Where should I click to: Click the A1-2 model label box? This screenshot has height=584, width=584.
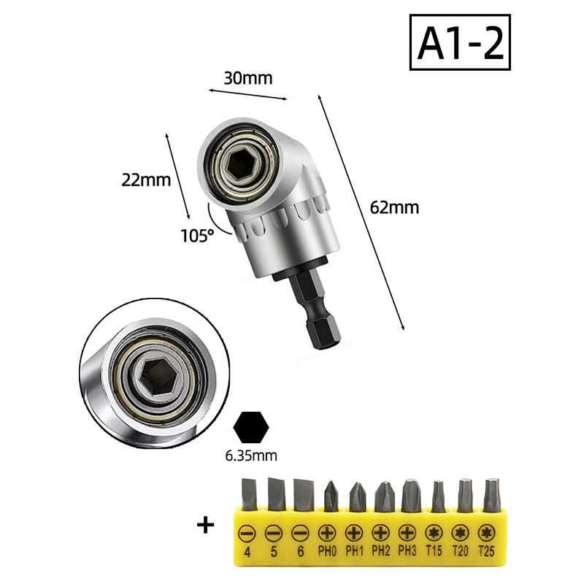tap(460, 42)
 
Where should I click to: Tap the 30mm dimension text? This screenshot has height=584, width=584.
tap(248, 78)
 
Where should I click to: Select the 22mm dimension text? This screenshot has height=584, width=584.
tap(146, 180)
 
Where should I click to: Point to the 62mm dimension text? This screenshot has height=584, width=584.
tap(394, 207)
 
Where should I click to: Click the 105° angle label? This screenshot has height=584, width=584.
tap(197, 236)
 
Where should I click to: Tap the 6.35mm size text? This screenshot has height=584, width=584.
tap(251, 456)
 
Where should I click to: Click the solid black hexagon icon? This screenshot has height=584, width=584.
tap(251, 428)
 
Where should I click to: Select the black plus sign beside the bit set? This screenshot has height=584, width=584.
tap(206, 526)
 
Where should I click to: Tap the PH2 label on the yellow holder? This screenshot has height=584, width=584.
tap(380, 551)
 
